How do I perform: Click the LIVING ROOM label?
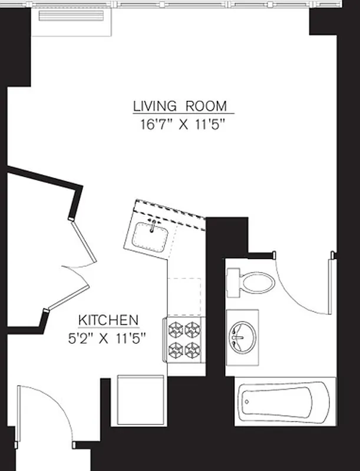click(180, 107)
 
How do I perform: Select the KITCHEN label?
click(109, 321)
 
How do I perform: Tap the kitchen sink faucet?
click(153, 223)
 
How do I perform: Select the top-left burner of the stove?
click(176, 329)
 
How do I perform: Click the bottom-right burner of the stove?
click(193, 350)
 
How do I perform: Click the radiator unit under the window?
click(71, 15)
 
